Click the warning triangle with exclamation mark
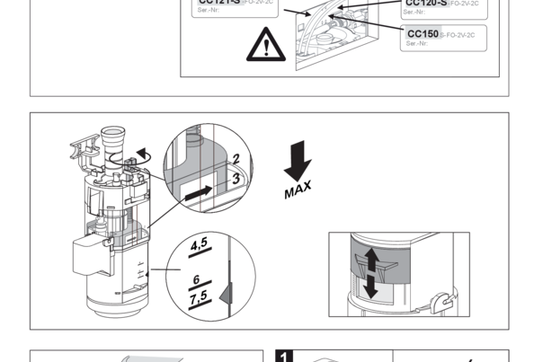pos(264,44)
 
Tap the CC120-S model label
pos(427,3)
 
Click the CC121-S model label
pos(218,3)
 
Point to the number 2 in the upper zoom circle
pos(235,160)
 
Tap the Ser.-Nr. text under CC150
pos(416,44)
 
